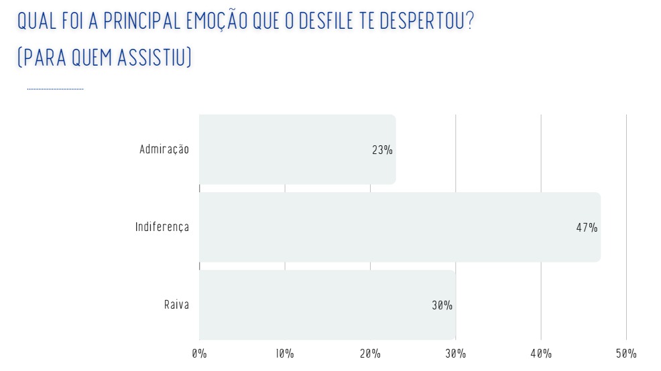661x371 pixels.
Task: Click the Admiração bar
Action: (x=297, y=149)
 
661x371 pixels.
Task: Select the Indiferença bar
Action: (x=400, y=227)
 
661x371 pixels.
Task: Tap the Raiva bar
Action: (x=327, y=305)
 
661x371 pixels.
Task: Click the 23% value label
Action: (x=382, y=150)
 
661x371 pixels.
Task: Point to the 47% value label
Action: (x=587, y=228)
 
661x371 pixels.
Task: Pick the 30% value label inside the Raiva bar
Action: (x=442, y=305)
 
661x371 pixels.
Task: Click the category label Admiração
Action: (x=164, y=149)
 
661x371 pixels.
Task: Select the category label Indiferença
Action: (x=162, y=227)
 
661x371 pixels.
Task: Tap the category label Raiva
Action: (x=176, y=305)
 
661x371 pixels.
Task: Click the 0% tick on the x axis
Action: (x=199, y=354)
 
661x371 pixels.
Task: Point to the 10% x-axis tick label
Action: (x=284, y=354)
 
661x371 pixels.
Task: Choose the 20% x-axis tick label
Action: (x=370, y=354)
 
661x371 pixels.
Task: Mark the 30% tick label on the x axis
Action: (x=456, y=354)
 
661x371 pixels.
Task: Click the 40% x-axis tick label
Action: (x=541, y=354)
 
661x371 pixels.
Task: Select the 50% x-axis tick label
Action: (x=626, y=354)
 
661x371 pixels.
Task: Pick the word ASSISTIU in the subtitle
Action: (x=155, y=58)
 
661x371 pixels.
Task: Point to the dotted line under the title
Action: (x=55, y=88)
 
